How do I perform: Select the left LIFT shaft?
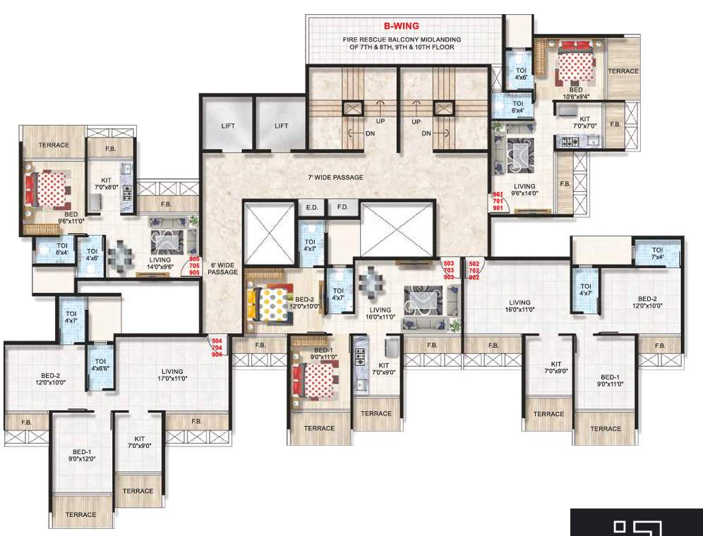click(228, 126)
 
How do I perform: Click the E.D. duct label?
click(311, 208)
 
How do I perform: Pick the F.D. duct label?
click(342, 208)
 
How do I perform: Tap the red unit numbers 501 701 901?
click(498, 201)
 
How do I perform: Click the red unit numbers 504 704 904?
click(217, 347)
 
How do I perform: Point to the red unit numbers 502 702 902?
click(474, 270)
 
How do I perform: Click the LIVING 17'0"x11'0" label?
click(172, 375)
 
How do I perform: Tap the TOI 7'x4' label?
click(657, 254)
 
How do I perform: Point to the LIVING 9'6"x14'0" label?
click(525, 189)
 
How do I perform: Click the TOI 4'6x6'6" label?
click(100, 360)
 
